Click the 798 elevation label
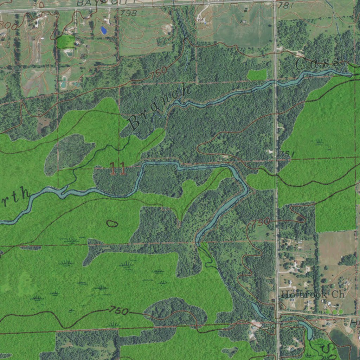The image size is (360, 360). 128,13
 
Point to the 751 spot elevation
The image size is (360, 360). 287,154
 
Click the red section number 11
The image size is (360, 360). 118,169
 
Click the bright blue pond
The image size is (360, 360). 104,30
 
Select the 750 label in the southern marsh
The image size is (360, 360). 119,310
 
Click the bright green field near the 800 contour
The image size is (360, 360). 66,41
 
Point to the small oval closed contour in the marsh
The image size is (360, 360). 112,223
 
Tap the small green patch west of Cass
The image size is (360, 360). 257,74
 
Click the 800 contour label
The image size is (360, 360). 8,26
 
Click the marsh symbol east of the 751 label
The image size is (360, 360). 319,142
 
